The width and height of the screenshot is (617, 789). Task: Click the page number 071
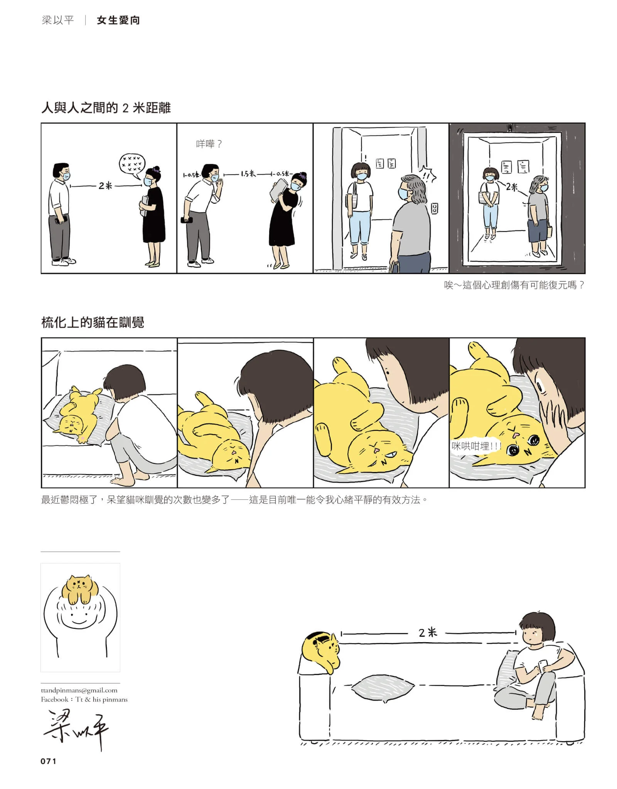(x=48, y=761)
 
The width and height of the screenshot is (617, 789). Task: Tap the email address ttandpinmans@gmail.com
(x=79, y=690)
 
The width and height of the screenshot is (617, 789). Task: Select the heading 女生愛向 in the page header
(x=118, y=20)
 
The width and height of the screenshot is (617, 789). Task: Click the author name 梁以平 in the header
(x=57, y=20)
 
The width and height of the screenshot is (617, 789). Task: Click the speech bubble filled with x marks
(x=131, y=164)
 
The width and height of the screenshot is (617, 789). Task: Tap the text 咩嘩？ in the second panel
(x=209, y=144)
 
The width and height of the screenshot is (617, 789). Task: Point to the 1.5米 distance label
(x=248, y=174)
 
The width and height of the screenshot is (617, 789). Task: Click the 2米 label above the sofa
(x=428, y=632)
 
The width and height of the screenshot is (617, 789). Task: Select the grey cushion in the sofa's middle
(x=383, y=686)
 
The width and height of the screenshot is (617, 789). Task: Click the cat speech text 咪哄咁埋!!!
(x=476, y=446)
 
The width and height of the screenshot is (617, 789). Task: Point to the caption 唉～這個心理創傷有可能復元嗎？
(x=514, y=285)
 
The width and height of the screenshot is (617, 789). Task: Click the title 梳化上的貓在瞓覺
(x=93, y=322)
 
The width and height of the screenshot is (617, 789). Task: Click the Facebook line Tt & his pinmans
(x=84, y=699)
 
